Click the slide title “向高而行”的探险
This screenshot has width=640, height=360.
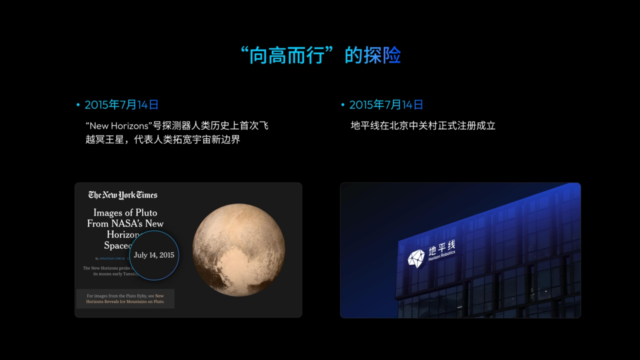320,55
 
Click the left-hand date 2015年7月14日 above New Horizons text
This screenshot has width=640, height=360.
121,105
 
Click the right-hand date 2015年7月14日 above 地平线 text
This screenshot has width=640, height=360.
386,105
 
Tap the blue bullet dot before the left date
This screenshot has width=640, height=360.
78,105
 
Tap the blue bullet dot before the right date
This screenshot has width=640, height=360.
342,105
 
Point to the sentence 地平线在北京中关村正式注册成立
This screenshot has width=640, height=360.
423,126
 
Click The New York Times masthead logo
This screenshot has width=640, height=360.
122,195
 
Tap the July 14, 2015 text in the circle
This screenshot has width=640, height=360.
154,255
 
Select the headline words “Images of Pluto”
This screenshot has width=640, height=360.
125,212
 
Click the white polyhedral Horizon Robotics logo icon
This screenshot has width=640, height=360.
416,258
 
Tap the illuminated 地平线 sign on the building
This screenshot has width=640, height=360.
442,246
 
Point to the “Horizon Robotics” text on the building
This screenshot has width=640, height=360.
442,256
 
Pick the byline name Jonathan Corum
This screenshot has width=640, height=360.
111,258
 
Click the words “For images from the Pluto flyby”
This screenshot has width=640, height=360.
116,296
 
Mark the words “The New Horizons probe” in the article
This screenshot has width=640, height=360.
106,268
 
